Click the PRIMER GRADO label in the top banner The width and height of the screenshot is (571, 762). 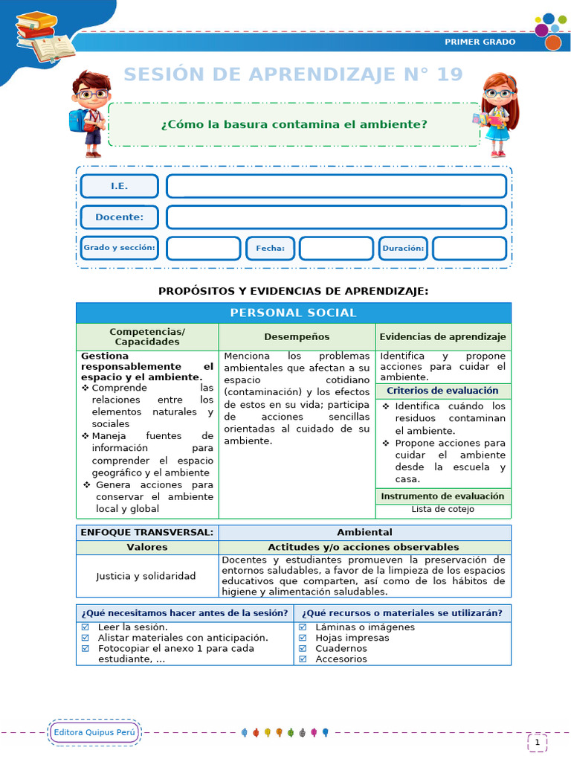[480, 42]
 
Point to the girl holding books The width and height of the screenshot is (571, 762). [497, 113]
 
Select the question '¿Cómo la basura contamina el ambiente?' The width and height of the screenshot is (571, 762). [294, 124]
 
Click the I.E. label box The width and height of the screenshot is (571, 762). [119, 186]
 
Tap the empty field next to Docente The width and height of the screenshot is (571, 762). [336, 217]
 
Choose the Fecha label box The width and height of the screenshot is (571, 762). [270, 249]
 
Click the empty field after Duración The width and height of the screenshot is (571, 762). [469, 249]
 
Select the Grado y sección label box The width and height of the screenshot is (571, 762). [119, 248]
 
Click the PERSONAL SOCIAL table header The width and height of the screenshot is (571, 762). [294, 313]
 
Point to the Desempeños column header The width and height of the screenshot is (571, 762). [297, 337]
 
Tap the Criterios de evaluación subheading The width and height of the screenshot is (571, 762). [443, 391]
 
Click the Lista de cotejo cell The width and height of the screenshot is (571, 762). [443, 510]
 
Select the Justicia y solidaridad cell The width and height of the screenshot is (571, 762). [146, 576]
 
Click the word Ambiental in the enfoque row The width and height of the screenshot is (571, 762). [364, 532]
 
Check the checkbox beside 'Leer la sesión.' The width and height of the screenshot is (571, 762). [85, 627]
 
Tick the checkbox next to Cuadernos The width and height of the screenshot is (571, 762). [303, 648]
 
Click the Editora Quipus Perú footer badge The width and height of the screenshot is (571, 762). [94, 733]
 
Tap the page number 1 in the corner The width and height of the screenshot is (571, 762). [537, 742]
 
